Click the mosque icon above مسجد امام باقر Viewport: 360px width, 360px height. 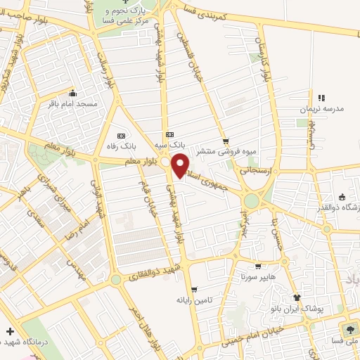72,93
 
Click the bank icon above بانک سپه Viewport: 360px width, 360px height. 169,134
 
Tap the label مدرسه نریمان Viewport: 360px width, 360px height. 321,110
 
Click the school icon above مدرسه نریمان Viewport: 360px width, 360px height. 321,98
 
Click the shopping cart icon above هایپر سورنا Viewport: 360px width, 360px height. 259,266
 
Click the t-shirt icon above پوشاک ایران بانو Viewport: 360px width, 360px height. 296,298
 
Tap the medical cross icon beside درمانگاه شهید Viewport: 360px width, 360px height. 10,331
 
